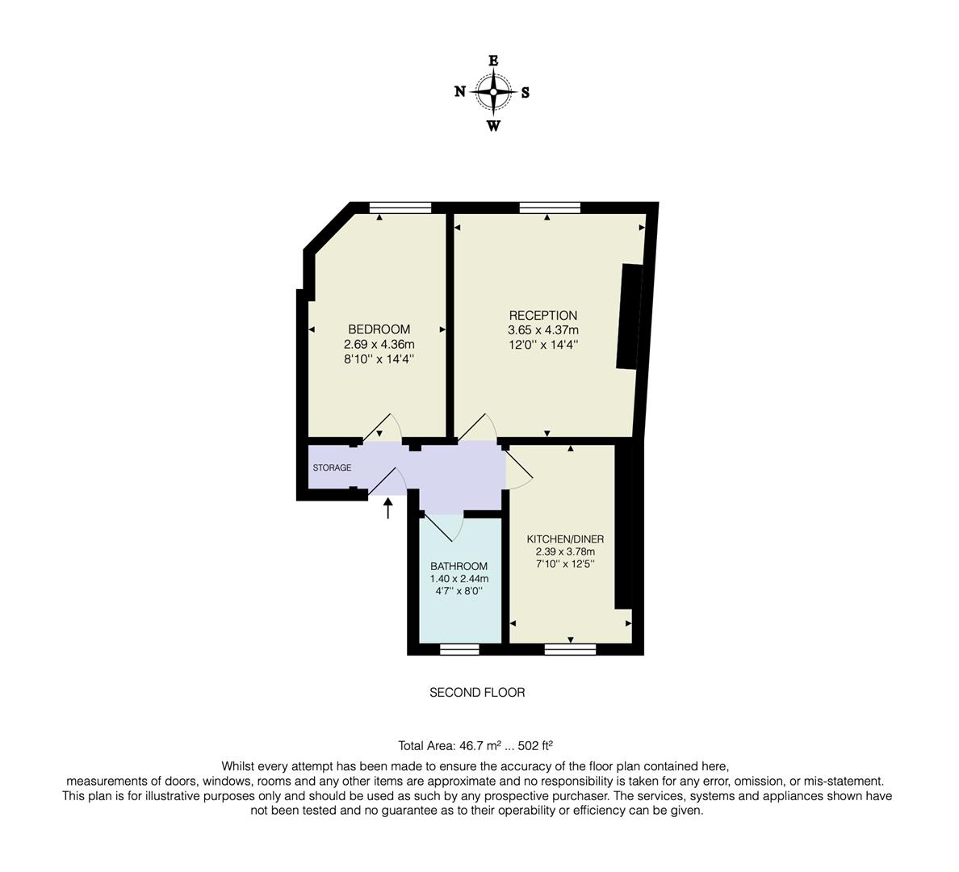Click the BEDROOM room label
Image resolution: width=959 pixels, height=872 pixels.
(379, 329)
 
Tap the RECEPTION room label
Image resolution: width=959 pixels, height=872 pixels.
(543, 315)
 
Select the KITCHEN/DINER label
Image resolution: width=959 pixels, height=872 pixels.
(565, 539)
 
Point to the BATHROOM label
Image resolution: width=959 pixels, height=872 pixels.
(459, 566)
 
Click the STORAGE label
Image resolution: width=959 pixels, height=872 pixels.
(332, 467)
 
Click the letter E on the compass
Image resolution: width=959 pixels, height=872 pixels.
(493, 60)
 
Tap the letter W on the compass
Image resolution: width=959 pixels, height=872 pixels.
(493, 126)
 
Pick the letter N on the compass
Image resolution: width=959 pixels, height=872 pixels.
(460, 92)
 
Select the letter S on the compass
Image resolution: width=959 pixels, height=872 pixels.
(526, 93)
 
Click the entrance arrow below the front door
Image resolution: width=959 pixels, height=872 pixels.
(387, 508)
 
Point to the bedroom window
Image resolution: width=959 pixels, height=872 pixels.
(400, 208)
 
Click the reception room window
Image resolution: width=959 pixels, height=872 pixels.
(550, 208)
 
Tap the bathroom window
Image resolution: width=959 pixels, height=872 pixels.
(459, 648)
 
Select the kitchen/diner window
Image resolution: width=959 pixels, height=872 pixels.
(570, 648)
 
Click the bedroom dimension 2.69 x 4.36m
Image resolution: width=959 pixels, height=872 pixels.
(379, 345)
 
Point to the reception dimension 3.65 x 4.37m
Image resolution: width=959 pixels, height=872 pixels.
(543, 330)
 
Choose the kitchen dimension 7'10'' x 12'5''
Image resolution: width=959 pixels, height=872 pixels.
(565, 564)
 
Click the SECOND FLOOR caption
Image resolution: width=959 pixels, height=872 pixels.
(477, 692)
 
